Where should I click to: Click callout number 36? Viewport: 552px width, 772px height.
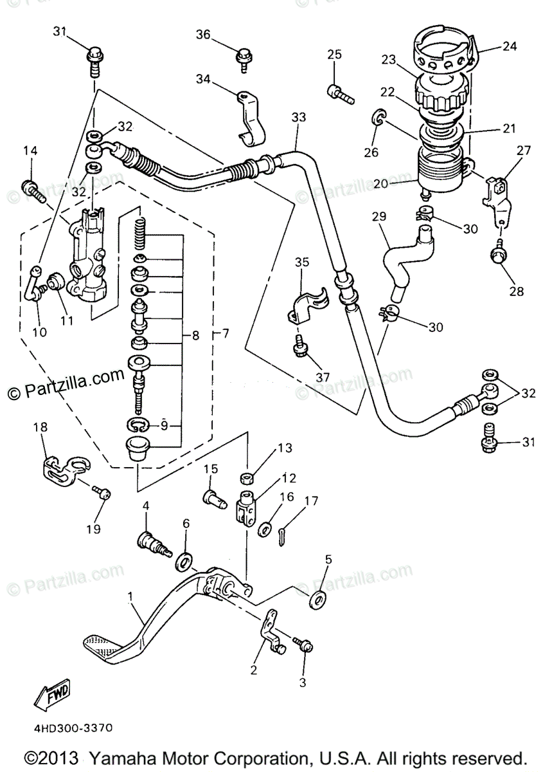click(203, 35)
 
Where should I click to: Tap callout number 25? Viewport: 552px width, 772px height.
click(334, 55)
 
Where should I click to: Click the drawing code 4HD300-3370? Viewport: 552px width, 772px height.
click(69, 728)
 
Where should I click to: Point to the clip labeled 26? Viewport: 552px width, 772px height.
click(380, 117)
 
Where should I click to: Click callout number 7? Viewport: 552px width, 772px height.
click(225, 335)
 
